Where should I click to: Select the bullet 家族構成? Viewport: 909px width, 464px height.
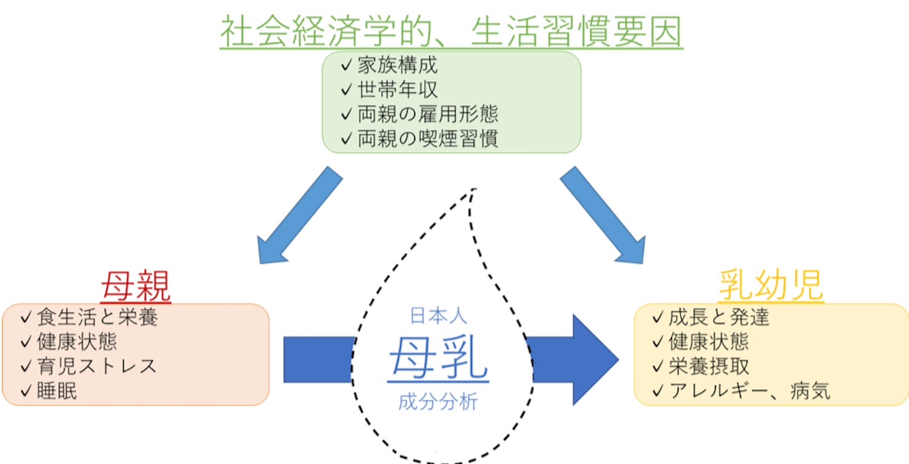coord(397,65)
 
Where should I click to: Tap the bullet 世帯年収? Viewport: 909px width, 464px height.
coord(397,90)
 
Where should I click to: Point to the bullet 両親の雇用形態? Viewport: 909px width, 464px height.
coord(427,114)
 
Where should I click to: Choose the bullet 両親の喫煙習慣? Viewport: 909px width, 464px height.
coord(427,139)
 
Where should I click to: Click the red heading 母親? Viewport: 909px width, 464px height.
coord(136,287)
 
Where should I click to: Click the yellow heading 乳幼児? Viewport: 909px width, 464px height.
coord(771,285)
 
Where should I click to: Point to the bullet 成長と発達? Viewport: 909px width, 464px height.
coord(719,317)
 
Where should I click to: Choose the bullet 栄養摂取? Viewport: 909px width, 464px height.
coord(709,366)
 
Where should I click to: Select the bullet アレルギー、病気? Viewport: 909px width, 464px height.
coord(749,391)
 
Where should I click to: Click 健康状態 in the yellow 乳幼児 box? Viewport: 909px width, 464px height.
coord(709,342)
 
